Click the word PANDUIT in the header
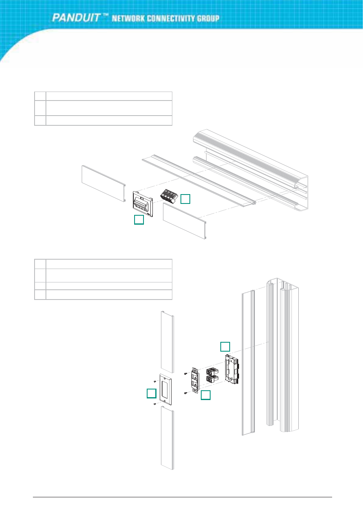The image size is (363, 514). (x=76, y=17)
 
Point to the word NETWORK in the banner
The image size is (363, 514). (x=128, y=19)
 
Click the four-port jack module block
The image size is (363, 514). (x=169, y=196)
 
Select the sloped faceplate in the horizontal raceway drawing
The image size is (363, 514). (x=143, y=204)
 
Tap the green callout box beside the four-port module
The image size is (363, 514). (x=185, y=199)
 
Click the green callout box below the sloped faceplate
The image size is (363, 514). (x=139, y=220)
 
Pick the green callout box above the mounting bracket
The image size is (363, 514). (x=225, y=346)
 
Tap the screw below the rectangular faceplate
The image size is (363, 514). (x=155, y=410)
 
